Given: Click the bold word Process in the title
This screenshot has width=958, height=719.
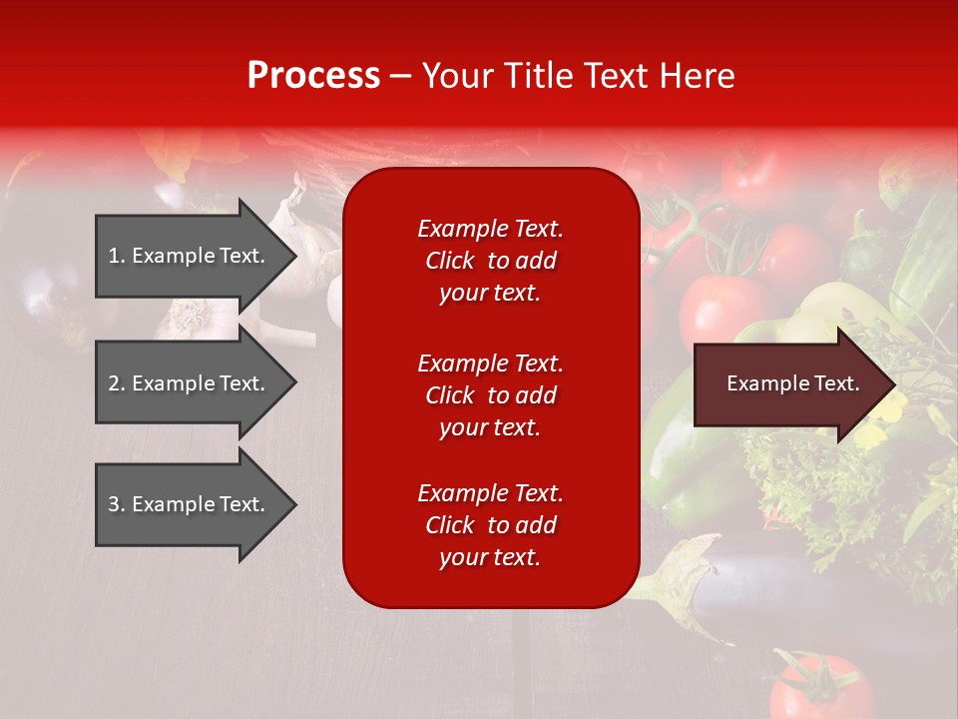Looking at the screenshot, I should click(313, 76).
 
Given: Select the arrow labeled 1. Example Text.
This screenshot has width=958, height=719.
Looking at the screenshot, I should click(190, 256).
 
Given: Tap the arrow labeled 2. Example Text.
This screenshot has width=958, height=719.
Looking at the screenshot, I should click(190, 383).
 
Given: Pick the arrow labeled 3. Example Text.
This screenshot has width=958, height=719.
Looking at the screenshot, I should click(190, 504).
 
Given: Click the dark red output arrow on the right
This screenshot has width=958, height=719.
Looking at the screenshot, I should click(788, 384).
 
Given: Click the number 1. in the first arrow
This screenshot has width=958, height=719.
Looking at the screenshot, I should click(117, 256).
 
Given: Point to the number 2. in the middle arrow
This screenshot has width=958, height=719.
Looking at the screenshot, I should click(117, 383).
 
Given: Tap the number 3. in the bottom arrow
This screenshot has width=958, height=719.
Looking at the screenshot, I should click(117, 504).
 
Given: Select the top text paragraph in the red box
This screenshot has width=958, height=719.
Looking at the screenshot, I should click(490, 261).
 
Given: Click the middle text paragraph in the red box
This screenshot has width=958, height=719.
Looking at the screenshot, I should click(490, 395).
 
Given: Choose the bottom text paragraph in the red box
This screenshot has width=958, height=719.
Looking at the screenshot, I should click(490, 525).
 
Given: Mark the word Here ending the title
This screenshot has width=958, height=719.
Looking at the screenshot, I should click(700, 76).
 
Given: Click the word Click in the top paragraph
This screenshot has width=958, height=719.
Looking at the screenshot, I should click(449, 261).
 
